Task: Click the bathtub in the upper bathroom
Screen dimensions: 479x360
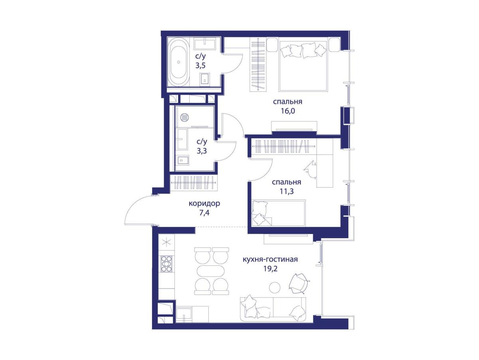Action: tap(178, 62)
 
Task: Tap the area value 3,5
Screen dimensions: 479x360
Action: tap(200, 66)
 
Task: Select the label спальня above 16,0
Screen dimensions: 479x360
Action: tap(287, 102)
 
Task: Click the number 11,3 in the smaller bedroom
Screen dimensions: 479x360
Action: tap(287, 192)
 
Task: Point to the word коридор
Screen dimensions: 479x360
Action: tap(204, 204)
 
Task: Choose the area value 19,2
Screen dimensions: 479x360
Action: tap(270, 269)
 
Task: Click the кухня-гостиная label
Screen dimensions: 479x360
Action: tap(270, 259)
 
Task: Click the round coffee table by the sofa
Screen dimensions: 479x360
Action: tap(275, 288)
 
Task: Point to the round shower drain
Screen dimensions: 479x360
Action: tap(184, 117)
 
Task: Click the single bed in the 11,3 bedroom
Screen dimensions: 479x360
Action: tap(279, 213)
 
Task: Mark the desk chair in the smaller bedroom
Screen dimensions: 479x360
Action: tap(310, 170)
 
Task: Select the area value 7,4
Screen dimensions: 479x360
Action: tap(204, 213)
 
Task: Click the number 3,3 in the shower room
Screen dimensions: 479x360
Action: tap(202, 151)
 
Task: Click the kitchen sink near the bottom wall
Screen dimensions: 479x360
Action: tap(184, 314)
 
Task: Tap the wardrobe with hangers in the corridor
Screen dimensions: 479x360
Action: tap(194, 182)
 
